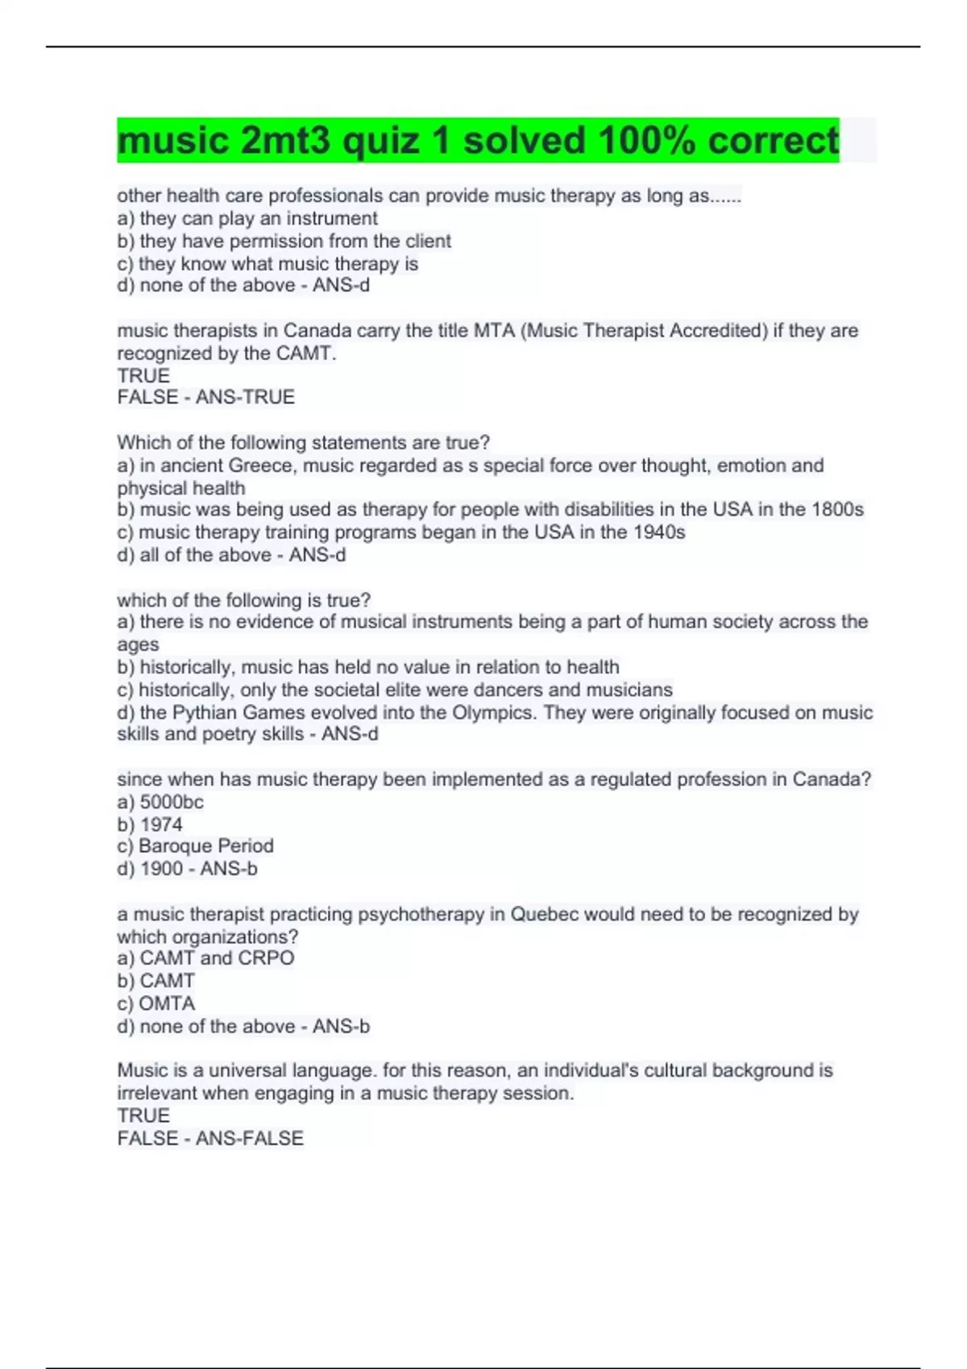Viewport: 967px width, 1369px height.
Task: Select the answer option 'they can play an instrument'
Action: [258, 218]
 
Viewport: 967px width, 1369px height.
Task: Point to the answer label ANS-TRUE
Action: [245, 397]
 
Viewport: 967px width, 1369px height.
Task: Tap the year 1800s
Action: [833, 510]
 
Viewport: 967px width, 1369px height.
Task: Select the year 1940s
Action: [656, 532]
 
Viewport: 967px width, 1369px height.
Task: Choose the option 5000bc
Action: [171, 802]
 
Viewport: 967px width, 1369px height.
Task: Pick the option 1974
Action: [161, 825]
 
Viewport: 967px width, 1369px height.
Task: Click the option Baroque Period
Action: [205, 846]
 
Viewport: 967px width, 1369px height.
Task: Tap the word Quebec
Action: [546, 915]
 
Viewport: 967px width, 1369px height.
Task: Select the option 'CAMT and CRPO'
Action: [217, 958]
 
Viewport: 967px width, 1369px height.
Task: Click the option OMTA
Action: [167, 1003]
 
